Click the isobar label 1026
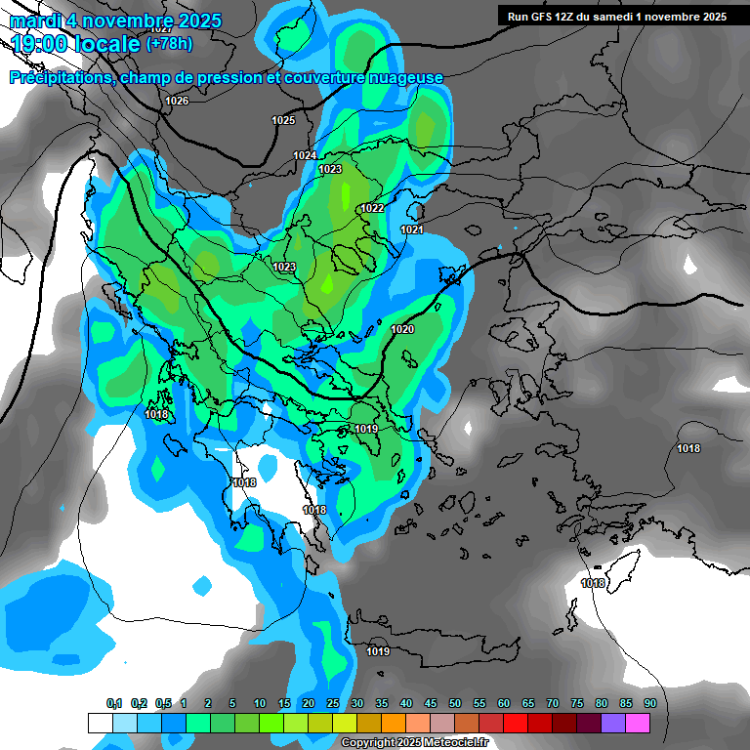point(177,102)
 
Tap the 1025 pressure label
point(283,120)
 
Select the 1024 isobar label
point(305,156)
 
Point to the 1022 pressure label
point(372,209)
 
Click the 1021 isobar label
point(412,229)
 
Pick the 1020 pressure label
point(402,330)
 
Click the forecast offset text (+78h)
point(169,44)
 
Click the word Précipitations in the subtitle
point(61,78)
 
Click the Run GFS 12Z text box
point(616,17)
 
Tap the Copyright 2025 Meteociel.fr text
point(414,742)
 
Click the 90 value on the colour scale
point(650,704)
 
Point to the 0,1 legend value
point(113,704)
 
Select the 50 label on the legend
point(455,704)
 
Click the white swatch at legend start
point(100,723)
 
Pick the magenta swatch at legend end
point(638,723)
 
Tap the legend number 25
point(333,704)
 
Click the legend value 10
point(260,704)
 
